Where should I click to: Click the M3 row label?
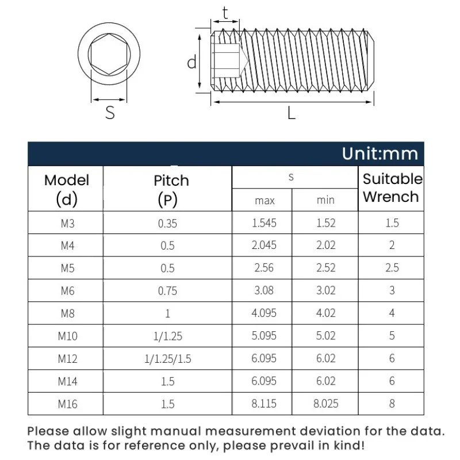click(67, 223)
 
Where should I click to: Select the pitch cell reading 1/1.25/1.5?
click(167, 359)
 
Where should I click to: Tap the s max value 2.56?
click(264, 268)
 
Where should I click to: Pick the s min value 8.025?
click(325, 404)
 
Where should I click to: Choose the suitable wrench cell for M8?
click(392, 313)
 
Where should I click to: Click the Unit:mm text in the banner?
click(379, 154)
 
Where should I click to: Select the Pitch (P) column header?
click(171, 189)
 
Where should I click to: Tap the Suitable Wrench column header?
click(392, 188)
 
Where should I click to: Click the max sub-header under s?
click(264, 201)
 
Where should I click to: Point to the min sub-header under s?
click(325, 201)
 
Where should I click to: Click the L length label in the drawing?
click(292, 113)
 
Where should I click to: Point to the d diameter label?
click(192, 62)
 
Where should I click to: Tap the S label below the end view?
click(110, 113)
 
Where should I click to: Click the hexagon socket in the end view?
click(109, 56)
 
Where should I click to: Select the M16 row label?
click(67, 404)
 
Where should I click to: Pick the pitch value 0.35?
click(167, 223)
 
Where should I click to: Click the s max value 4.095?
click(264, 313)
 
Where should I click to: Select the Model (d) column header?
click(67, 189)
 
